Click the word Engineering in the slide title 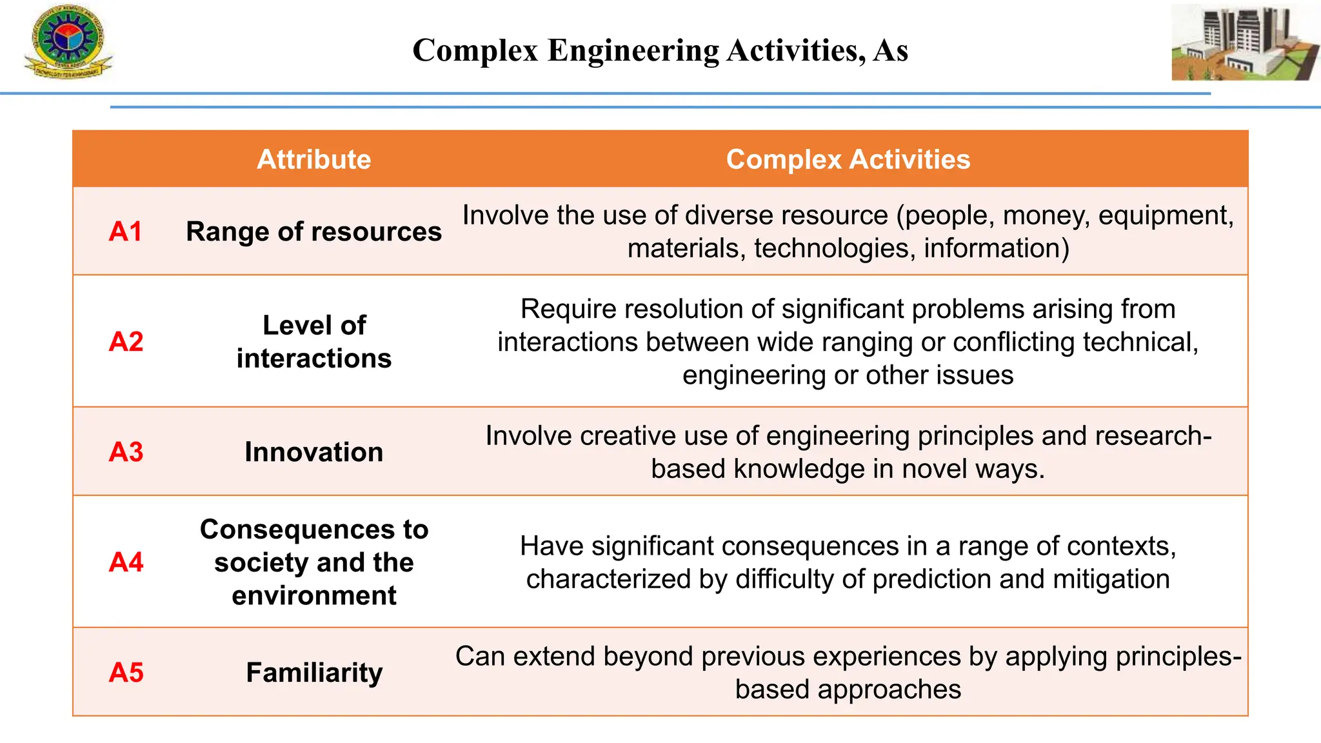pos(633,50)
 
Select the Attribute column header pos(313,159)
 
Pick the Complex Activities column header pos(848,159)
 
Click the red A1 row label pos(126,232)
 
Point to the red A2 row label pos(126,342)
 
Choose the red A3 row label pos(126,452)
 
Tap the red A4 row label pos(126,562)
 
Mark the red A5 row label pos(126,673)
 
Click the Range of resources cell pos(313,232)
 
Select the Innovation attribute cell pos(313,452)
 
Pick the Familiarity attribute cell pos(313,673)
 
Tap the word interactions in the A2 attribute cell pos(313,359)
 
